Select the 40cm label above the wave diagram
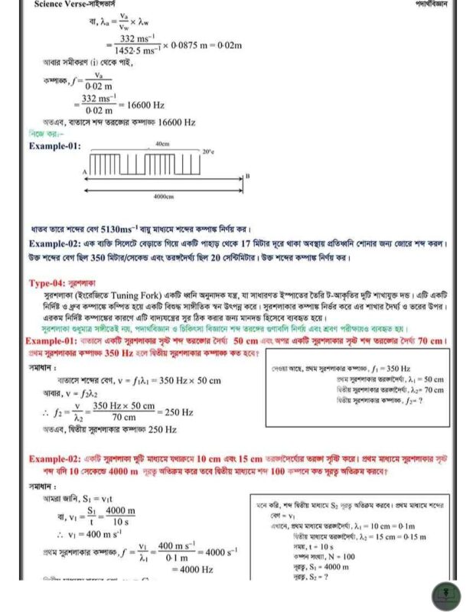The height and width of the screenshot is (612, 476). pyautogui.click(x=162, y=143)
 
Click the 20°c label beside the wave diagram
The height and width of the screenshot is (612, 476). pyautogui.click(x=209, y=152)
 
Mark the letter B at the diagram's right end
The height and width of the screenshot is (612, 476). pyautogui.click(x=246, y=177)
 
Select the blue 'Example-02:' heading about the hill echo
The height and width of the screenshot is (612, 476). pyautogui.click(x=54, y=244)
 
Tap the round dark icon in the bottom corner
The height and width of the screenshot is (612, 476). pyautogui.click(x=446, y=595)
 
